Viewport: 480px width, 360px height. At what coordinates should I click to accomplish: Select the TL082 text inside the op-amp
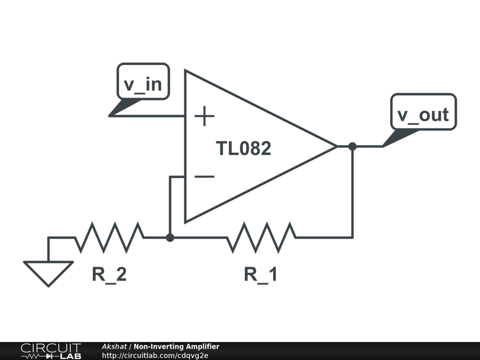pyautogui.click(x=243, y=149)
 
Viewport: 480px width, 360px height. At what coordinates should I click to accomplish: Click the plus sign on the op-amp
pyautogui.click(x=204, y=116)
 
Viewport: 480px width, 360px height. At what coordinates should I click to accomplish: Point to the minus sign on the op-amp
pyautogui.click(x=204, y=177)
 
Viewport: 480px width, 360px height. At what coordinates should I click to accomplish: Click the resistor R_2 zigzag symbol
pyautogui.click(x=109, y=237)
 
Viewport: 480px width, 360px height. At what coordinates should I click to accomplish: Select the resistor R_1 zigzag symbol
pyautogui.click(x=261, y=237)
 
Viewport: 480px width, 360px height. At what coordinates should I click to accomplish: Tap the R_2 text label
pyautogui.click(x=109, y=274)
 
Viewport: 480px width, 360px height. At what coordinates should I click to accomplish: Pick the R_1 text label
pyautogui.click(x=261, y=274)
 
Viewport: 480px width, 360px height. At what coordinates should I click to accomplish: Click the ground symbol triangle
pyautogui.click(x=48, y=272)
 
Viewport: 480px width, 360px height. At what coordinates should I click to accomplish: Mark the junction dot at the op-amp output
pyautogui.click(x=352, y=147)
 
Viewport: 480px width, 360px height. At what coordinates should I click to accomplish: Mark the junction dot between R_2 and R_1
pyautogui.click(x=170, y=238)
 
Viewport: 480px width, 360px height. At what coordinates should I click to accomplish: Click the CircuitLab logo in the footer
pyautogui.click(x=51, y=351)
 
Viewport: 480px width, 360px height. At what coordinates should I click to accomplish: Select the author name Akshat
pyautogui.click(x=114, y=347)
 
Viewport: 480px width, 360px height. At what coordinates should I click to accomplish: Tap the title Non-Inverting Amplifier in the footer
pyautogui.click(x=176, y=347)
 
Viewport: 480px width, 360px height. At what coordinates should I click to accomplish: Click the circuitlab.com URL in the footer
pyautogui.click(x=155, y=355)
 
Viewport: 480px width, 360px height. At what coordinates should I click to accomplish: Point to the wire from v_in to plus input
pyautogui.click(x=150, y=115)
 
